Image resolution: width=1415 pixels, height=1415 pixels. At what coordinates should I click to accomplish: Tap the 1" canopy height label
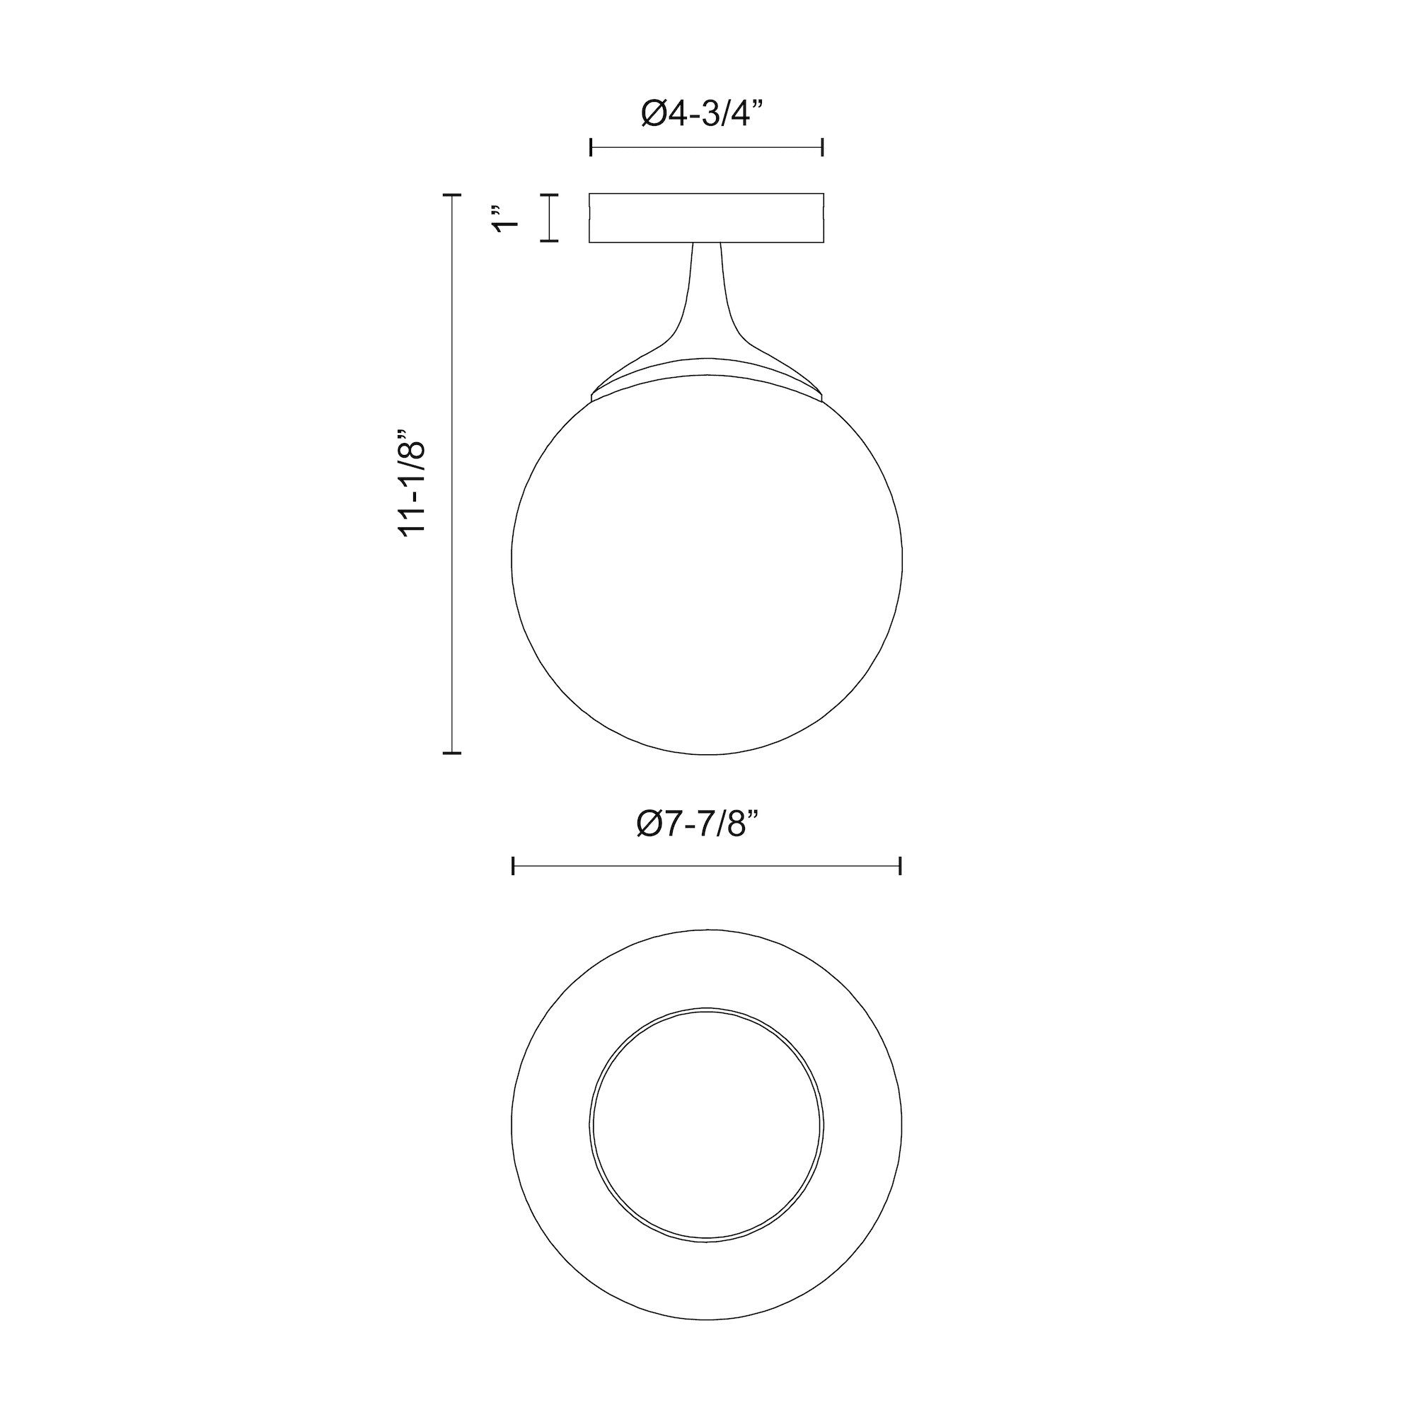(x=504, y=218)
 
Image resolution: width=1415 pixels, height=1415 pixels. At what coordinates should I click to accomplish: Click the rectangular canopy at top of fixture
(x=707, y=218)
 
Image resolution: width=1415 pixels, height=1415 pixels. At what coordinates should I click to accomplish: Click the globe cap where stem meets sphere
(x=707, y=374)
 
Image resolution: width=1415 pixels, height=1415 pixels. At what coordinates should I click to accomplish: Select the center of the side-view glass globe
(x=707, y=560)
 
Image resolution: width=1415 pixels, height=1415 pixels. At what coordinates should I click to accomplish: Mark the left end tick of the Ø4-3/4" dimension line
(x=591, y=147)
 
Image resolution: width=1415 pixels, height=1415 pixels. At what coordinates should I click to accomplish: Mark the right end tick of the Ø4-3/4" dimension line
(x=824, y=147)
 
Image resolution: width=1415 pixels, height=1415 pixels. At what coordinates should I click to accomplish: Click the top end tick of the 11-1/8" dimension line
(x=452, y=195)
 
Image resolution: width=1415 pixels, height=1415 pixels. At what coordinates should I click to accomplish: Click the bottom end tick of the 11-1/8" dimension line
(x=452, y=752)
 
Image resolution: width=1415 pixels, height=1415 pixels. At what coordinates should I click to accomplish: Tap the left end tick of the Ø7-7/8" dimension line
(x=514, y=866)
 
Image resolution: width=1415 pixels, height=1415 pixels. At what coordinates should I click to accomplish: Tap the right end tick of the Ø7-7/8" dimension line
(x=900, y=866)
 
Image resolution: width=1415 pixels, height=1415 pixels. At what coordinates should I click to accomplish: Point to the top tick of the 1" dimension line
(x=549, y=195)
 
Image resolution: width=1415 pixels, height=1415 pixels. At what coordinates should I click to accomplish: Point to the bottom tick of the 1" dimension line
(x=549, y=241)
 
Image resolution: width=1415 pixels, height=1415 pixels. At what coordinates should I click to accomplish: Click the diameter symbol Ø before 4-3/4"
(x=654, y=113)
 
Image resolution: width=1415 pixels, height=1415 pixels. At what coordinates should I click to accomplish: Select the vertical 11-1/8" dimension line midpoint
(x=452, y=474)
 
